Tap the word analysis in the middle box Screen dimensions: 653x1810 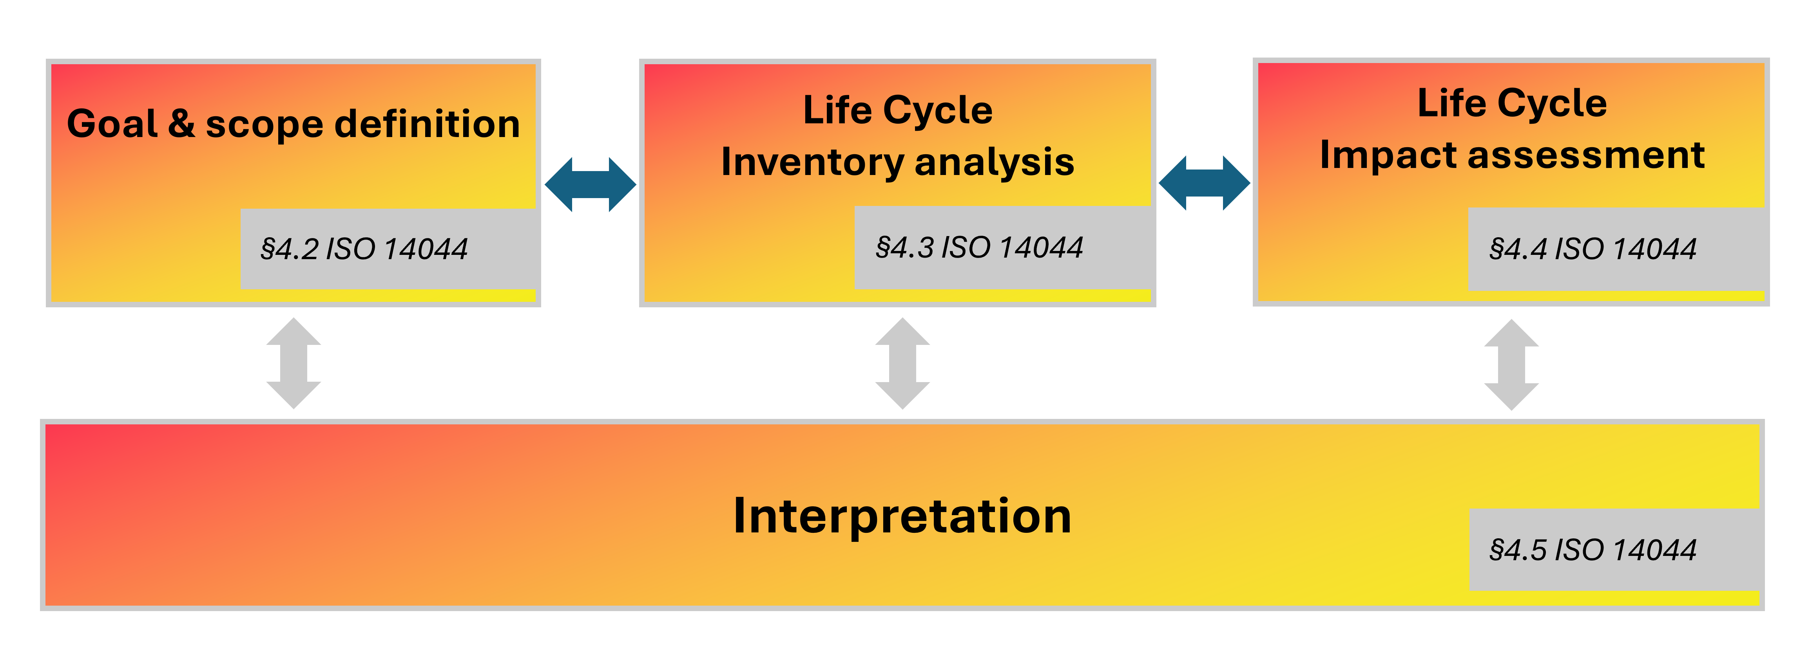[994, 162]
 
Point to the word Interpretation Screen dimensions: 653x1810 [902, 516]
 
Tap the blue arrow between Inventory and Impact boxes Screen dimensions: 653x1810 [1204, 183]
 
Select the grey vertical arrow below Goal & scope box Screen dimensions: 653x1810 [294, 363]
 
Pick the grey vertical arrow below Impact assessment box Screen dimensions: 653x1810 [1511, 364]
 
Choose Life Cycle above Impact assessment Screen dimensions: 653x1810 [1512, 103]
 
